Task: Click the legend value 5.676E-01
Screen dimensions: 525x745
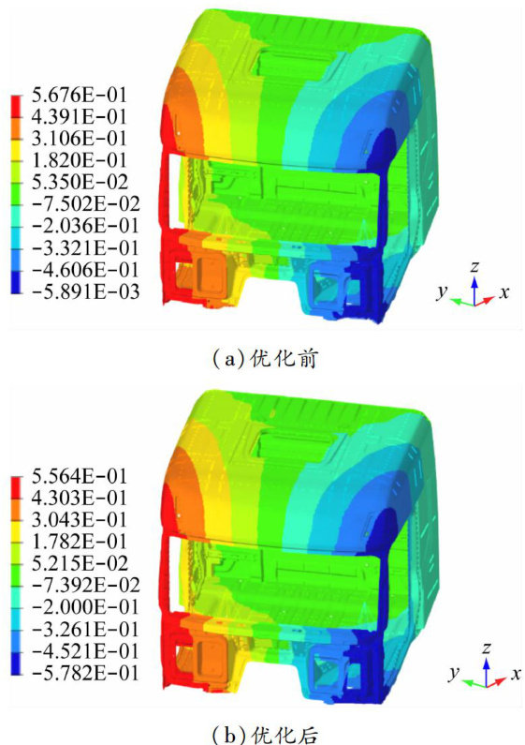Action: pyautogui.click(x=80, y=95)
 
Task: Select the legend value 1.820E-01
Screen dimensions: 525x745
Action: pyautogui.click(x=80, y=160)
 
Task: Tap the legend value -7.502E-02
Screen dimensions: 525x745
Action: pyautogui.click(x=85, y=204)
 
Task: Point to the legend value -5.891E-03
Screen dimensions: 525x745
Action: pyautogui.click(x=85, y=291)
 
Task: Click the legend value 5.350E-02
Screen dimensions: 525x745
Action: pyautogui.click(x=80, y=182)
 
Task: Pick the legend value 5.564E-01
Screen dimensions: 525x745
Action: pyautogui.click(x=80, y=476)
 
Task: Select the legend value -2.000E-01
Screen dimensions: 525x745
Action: pyautogui.click(x=85, y=607)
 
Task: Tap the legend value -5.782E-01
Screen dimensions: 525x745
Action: pyautogui.click(x=85, y=673)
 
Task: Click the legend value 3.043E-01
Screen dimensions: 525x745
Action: pyautogui.click(x=80, y=519)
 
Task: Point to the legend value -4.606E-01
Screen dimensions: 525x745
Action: pyautogui.click(x=85, y=270)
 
